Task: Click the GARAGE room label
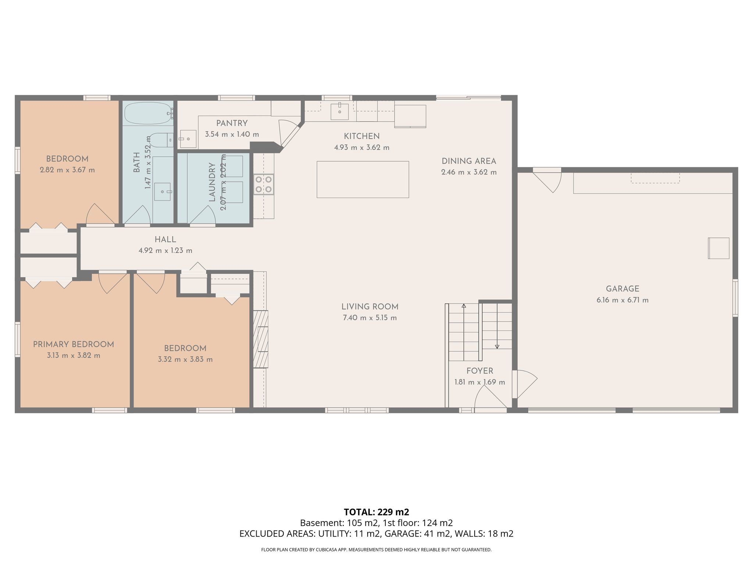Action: pyautogui.click(x=622, y=289)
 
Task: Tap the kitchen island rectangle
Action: pyautogui.click(x=363, y=180)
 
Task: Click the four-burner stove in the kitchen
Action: pyautogui.click(x=264, y=184)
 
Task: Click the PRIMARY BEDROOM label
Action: pyautogui.click(x=74, y=345)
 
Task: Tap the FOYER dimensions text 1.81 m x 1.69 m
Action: pyautogui.click(x=480, y=382)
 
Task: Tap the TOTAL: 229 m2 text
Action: pyautogui.click(x=376, y=512)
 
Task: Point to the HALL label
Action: pyautogui.click(x=165, y=240)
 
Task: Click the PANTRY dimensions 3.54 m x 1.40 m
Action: pyautogui.click(x=232, y=134)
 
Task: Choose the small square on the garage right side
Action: pyautogui.click(x=719, y=248)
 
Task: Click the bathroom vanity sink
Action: pyautogui.click(x=163, y=192)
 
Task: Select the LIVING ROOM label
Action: pyautogui.click(x=370, y=307)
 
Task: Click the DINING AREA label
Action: pyautogui.click(x=469, y=161)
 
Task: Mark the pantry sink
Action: pyautogui.click(x=188, y=139)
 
